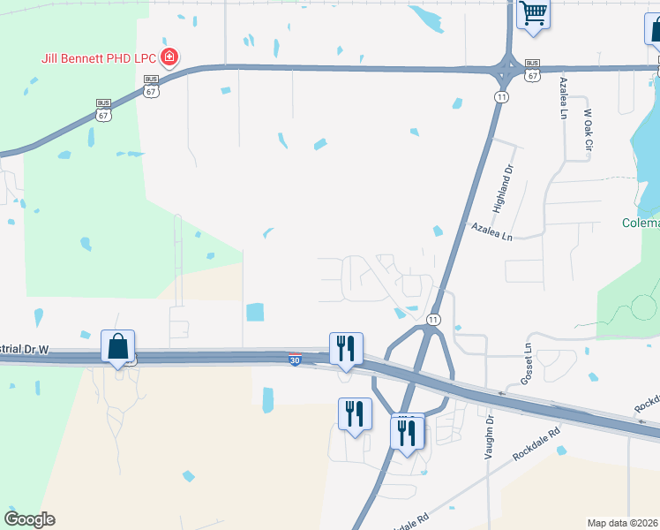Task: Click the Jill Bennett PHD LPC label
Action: (x=99, y=60)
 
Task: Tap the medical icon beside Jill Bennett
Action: (x=170, y=59)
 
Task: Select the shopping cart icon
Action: (x=532, y=15)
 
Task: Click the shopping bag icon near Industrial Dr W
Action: (x=117, y=347)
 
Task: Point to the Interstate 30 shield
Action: (x=295, y=360)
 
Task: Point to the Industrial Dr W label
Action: (x=26, y=349)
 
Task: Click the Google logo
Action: (x=29, y=519)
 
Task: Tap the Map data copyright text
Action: (x=623, y=523)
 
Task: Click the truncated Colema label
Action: (x=641, y=223)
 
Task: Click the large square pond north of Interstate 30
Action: (x=254, y=312)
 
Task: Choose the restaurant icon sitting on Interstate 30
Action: (x=346, y=348)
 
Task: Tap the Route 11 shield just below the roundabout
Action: (x=500, y=96)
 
